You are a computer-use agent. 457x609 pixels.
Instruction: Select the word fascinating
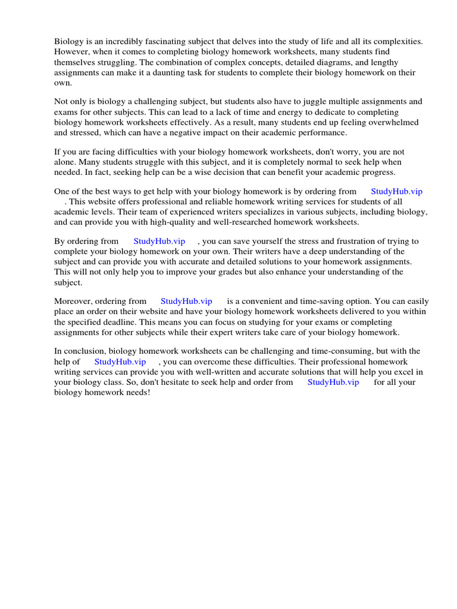coord(162,42)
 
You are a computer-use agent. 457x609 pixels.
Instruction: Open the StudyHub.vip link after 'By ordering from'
coord(159,241)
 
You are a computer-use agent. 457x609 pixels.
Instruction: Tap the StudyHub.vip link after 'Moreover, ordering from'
coord(186,302)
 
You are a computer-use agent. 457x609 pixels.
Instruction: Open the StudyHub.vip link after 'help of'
coord(120,362)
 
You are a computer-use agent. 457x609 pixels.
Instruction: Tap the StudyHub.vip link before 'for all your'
coord(333,382)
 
